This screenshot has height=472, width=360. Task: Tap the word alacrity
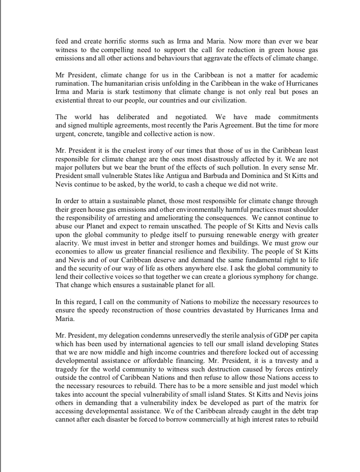(66, 243)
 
